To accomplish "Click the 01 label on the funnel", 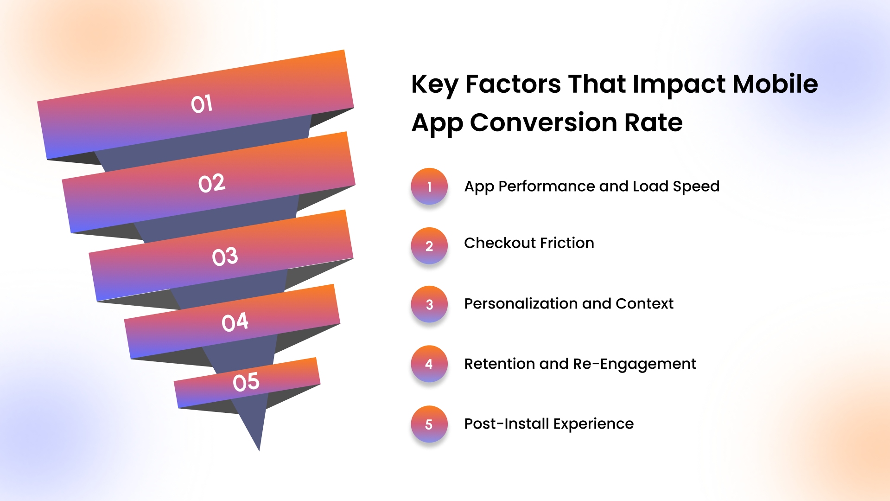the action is [202, 104].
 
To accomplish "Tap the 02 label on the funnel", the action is [212, 183].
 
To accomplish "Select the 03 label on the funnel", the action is [225, 257].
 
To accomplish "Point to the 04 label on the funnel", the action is [235, 322].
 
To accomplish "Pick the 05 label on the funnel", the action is [246, 382].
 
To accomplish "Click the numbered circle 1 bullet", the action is [429, 186].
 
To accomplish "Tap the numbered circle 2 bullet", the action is [429, 246].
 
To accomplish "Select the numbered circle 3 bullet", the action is [429, 304].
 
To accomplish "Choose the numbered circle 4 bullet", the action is [429, 364].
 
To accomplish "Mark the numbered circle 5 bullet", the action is [429, 424].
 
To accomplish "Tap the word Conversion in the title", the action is [544, 122].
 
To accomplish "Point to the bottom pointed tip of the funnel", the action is [259, 450].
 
